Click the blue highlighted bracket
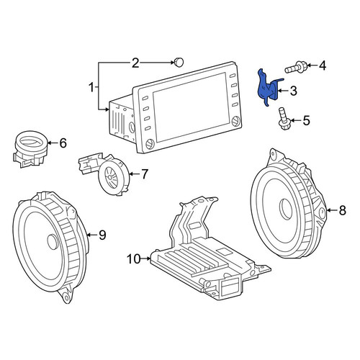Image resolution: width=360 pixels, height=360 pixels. point(266,89)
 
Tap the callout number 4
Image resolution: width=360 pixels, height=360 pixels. point(323,66)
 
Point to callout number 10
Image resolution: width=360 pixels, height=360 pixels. point(134,258)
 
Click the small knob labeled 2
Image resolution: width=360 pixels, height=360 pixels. point(179,62)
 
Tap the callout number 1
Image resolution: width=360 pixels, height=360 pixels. point(91,87)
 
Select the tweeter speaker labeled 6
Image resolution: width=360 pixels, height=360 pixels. point(30,149)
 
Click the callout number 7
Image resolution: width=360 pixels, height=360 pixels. point(144,174)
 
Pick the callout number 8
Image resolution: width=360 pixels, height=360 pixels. point(342,210)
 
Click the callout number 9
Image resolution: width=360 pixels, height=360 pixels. point(102,235)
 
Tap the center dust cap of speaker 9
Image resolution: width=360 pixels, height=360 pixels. point(53,242)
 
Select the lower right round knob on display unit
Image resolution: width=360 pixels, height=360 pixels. point(235,121)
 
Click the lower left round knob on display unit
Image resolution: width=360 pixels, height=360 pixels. point(150,144)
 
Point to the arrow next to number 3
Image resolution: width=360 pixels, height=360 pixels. point(283,91)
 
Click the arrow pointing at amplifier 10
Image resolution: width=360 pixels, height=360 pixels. point(146,258)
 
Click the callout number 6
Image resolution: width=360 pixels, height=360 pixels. point(63,143)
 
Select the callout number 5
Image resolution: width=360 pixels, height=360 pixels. point(306,120)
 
